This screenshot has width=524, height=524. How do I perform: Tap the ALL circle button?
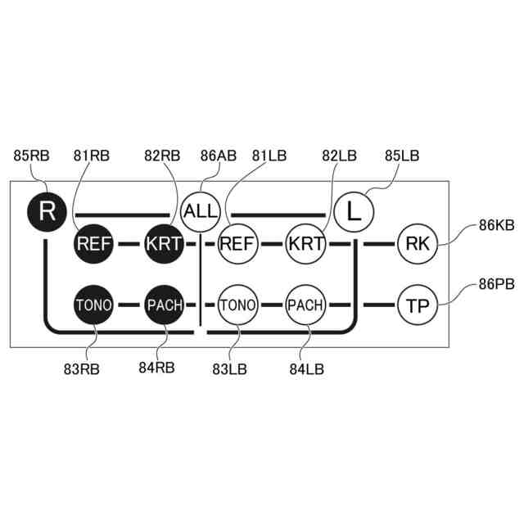click(201, 210)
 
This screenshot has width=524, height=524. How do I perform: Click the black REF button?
click(94, 243)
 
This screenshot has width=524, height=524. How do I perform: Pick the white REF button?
click(237, 243)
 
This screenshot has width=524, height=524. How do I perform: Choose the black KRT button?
click(165, 243)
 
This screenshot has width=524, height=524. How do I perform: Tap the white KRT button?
click(307, 243)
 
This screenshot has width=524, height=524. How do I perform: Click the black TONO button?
click(94, 305)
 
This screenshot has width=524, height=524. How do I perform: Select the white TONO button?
click(237, 305)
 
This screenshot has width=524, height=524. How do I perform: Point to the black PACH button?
click(165, 305)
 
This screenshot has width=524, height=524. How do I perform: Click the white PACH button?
click(307, 305)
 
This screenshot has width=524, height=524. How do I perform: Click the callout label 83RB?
click(82, 368)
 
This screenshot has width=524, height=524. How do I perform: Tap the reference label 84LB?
click(306, 368)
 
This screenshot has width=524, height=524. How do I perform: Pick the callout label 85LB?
click(402, 155)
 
